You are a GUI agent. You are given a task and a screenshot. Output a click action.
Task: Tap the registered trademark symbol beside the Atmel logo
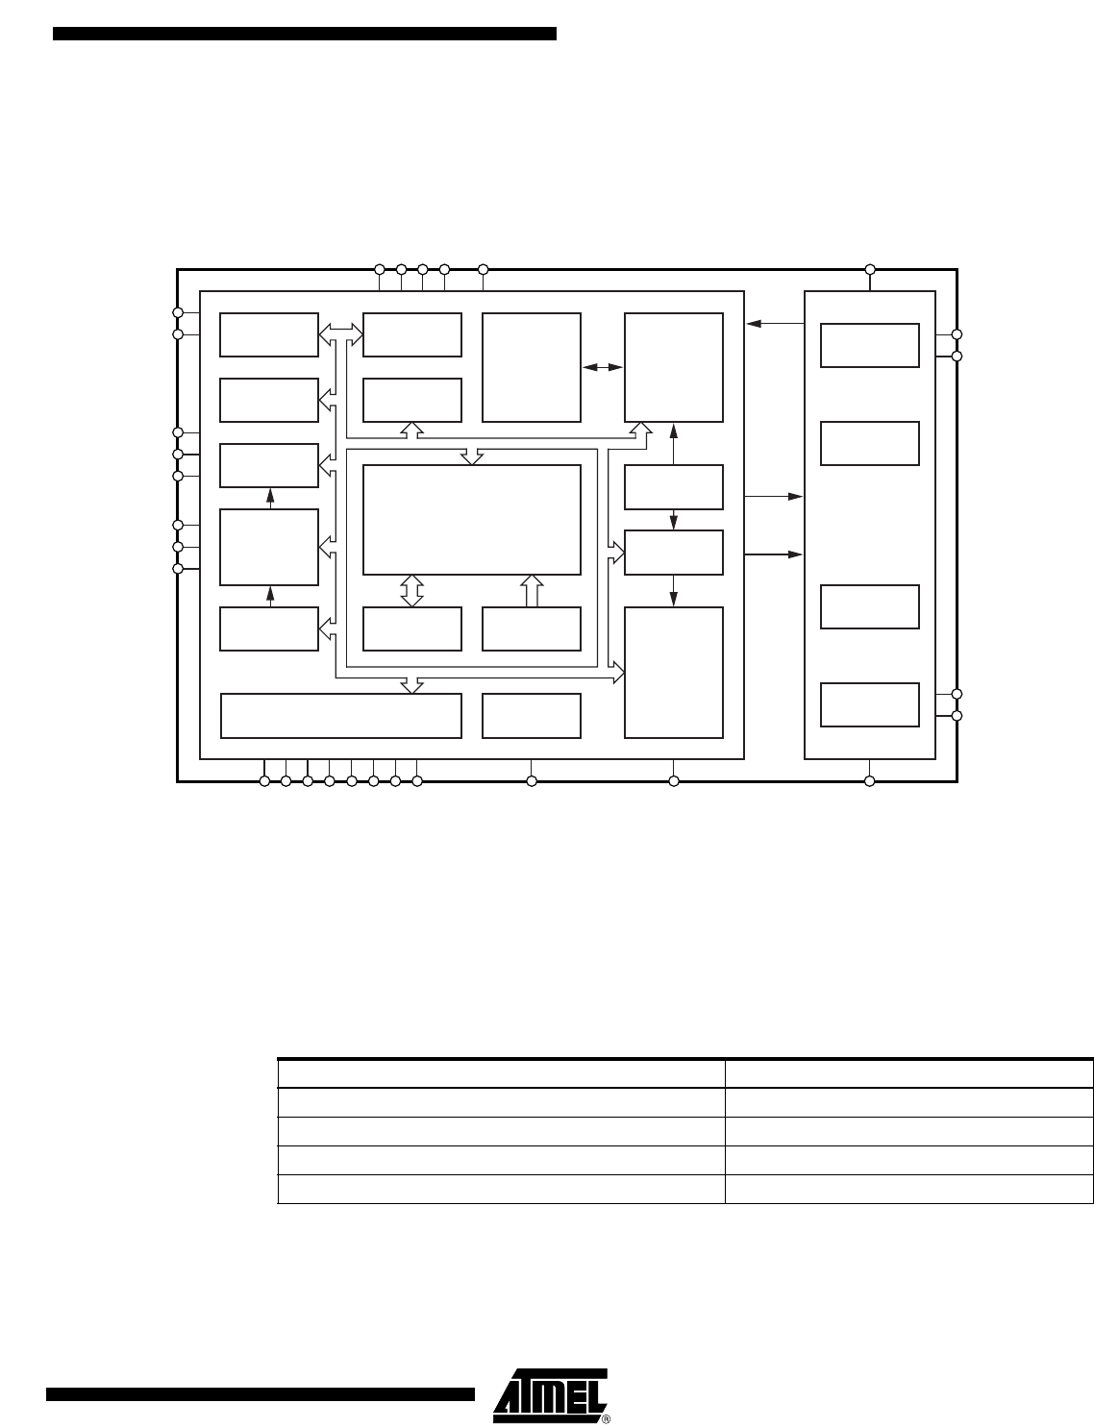(x=606, y=1418)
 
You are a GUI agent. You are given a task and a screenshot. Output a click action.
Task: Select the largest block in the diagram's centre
(x=471, y=520)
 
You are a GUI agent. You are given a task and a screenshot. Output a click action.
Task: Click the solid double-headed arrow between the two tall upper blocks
(x=602, y=367)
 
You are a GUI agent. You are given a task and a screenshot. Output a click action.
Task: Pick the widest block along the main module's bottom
(x=340, y=716)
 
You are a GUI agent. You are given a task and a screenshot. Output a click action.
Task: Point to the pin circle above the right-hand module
(x=870, y=269)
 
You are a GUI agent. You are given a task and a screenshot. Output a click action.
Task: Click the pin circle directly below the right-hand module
(x=870, y=781)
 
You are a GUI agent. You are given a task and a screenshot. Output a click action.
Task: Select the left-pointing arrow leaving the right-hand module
(x=776, y=323)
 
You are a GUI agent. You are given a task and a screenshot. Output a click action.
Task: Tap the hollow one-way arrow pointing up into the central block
(x=532, y=591)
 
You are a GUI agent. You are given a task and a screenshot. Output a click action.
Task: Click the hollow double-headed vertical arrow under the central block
(x=412, y=591)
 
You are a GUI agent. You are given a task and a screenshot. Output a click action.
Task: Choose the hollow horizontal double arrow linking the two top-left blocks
(x=340, y=333)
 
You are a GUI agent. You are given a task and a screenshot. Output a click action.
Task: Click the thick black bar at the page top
(x=305, y=34)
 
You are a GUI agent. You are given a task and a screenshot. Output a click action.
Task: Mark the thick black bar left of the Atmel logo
(x=261, y=1394)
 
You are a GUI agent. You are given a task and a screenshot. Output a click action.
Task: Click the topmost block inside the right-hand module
(x=869, y=345)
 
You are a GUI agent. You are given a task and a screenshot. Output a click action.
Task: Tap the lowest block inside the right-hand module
(x=869, y=704)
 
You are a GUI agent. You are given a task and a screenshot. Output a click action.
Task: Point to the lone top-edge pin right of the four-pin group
(x=484, y=269)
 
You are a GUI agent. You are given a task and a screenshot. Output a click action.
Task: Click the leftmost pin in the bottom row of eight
(x=264, y=781)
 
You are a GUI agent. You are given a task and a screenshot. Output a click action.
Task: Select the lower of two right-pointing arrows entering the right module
(x=774, y=554)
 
